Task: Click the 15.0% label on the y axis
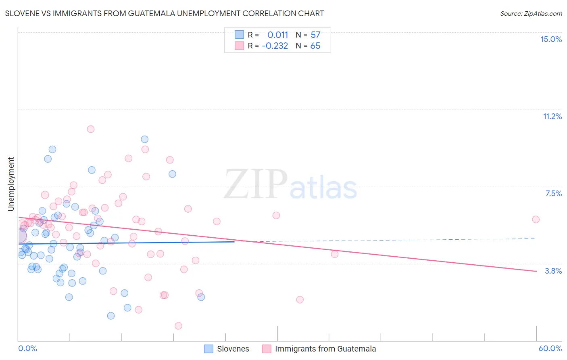click(551, 39)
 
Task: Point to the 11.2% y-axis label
click(552, 116)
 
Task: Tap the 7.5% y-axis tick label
click(553, 193)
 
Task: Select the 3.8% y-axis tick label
click(553, 271)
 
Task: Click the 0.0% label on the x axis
click(27, 348)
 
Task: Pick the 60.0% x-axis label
click(550, 348)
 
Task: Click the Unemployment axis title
click(11, 184)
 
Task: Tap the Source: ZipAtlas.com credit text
click(531, 13)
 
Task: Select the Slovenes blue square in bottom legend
click(208, 349)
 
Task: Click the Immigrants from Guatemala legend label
click(325, 349)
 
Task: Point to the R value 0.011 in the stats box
click(277, 35)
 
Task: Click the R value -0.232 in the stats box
click(275, 46)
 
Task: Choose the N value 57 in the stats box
click(315, 35)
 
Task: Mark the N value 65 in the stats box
click(315, 46)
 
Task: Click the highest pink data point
click(91, 129)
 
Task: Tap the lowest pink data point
click(178, 326)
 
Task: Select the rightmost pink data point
click(536, 220)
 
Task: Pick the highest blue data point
click(144, 139)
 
